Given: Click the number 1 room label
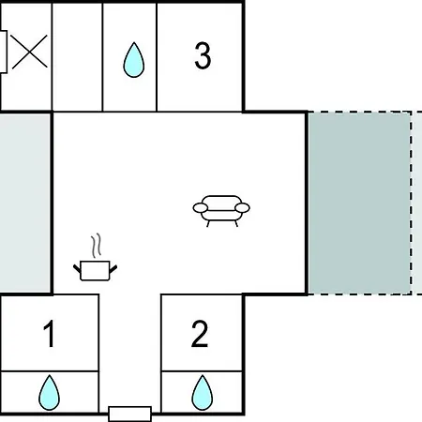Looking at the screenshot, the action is [x=50, y=334].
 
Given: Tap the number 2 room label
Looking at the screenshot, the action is [x=200, y=334].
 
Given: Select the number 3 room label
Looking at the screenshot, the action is [x=203, y=55].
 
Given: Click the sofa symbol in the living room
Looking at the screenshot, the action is [x=221, y=210].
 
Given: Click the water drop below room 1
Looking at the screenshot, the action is [x=49, y=393].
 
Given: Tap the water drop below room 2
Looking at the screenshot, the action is [x=203, y=393].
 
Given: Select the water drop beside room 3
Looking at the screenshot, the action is [x=134, y=60].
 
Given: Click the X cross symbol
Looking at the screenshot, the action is [x=29, y=52].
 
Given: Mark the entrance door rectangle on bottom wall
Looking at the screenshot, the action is [x=130, y=414].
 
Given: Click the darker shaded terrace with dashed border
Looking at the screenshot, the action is [x=359, y=203].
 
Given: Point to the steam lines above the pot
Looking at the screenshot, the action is [x=97, y=246].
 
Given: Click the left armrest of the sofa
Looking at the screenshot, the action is [x=200, y=207].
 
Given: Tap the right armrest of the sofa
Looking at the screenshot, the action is [x=243, y=207].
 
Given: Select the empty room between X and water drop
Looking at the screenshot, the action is [x=77, y=56].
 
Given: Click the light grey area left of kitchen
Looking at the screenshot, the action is [x=25, y=203].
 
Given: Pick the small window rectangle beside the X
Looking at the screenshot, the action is [x=3, y=52].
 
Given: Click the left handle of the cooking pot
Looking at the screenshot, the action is [x=77, y=269].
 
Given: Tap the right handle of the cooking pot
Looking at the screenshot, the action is [x=113, y=269].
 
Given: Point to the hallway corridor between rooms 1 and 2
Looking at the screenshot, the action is [x=130, y=350].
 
